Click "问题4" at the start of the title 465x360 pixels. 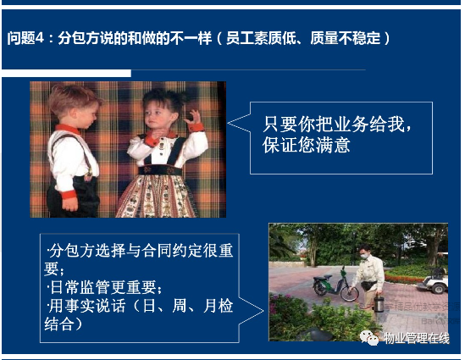[25, 38]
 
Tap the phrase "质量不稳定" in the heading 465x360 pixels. [346, 38]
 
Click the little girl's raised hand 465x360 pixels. [193, 118]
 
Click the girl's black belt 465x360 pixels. [160, 170]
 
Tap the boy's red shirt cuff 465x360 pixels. [69, 194]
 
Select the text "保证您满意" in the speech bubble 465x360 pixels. [306, 145]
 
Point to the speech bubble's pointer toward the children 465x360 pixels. [239, 123]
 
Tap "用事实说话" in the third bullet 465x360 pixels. [87, 306]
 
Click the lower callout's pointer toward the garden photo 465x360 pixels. [251, 311]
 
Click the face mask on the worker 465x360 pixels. [364, 257]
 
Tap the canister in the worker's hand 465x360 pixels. [379, 303]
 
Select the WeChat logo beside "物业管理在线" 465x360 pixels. [369, 338]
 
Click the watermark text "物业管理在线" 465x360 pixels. [417, 338]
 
